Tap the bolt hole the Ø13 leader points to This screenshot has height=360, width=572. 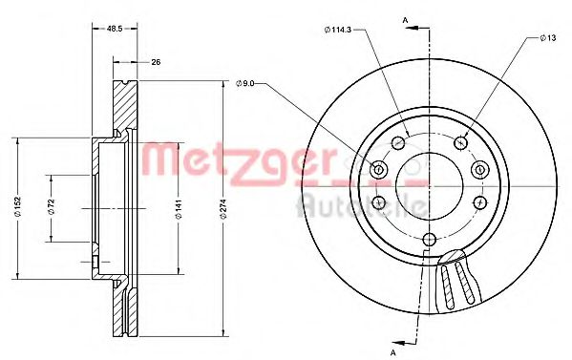[x=461, y=143]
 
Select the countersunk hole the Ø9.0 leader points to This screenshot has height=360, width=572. [x=378, y=170]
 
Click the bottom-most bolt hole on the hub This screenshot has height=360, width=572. [x=429, y=239]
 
